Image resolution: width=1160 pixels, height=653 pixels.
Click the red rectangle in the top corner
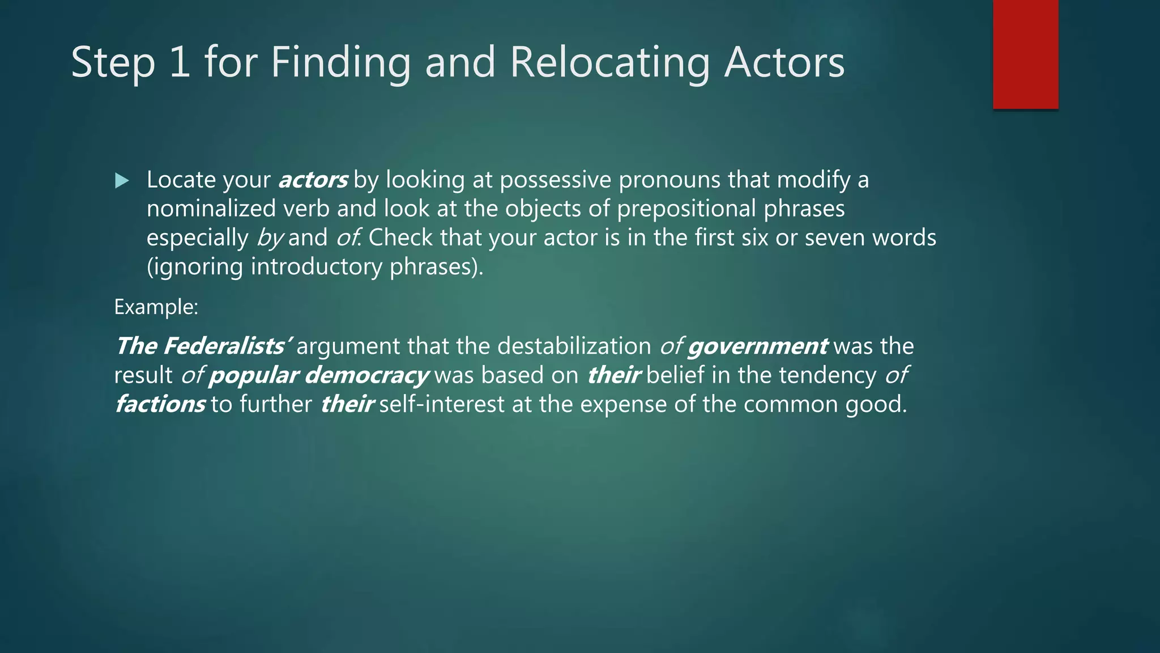click(1025, 54)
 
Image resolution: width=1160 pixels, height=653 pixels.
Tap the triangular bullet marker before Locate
click(122, 181)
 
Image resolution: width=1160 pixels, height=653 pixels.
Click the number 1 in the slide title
click(180, 62)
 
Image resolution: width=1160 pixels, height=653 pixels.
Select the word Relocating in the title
click(609, 62)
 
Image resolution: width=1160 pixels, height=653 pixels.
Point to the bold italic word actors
click(313, 180)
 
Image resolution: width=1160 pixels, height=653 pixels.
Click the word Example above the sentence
click(155, 307)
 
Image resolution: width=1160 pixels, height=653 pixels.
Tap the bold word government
click(757, 346)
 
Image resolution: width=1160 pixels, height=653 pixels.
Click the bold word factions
click(160, 405)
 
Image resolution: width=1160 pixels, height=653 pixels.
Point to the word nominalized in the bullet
click(211, 209)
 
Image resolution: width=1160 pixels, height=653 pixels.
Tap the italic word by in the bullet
click(270, 238)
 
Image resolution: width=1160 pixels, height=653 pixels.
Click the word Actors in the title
click(784, 62)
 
